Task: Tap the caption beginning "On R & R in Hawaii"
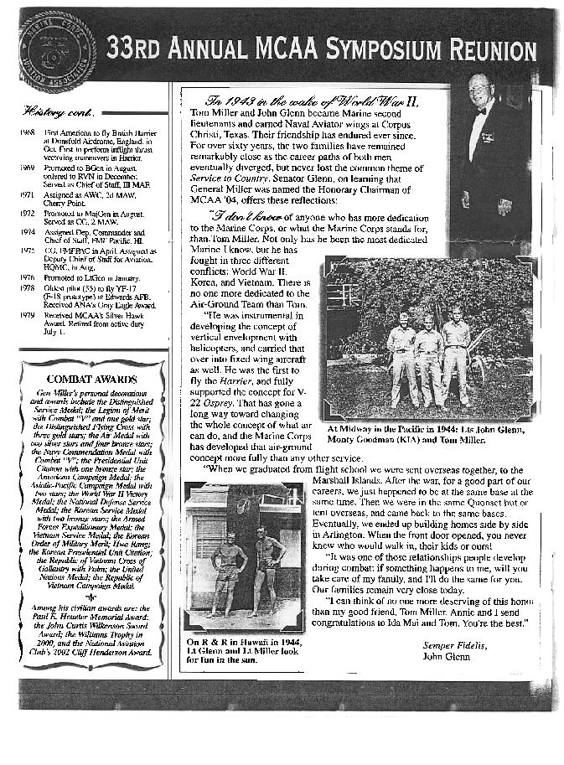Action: point(232,651)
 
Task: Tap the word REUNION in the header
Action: point(494,50)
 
